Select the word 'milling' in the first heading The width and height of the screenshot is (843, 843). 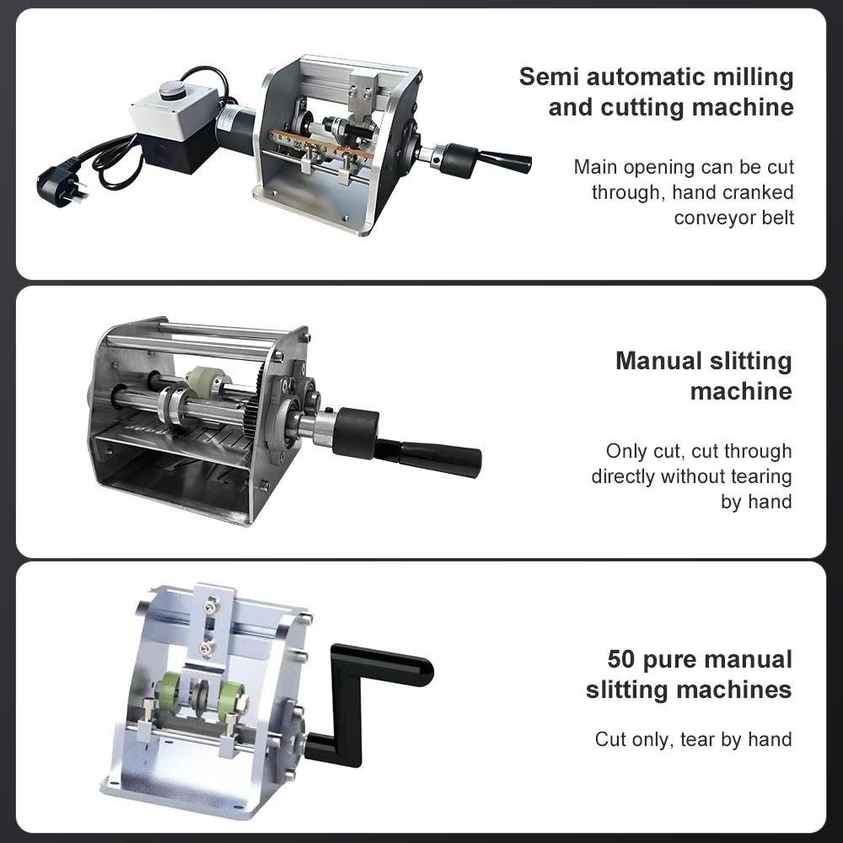tap(744, 77)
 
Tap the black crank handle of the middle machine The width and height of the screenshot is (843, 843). tap(438, 456)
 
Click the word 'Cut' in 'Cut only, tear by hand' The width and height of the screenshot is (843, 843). tap(610, 739)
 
